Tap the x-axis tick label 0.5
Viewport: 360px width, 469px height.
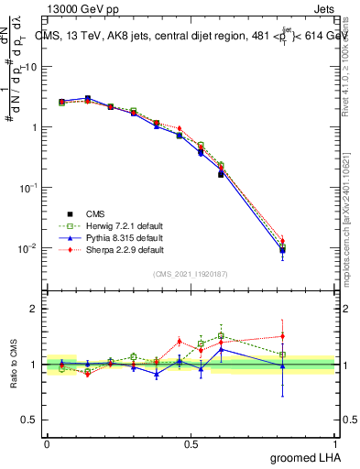point(190,443)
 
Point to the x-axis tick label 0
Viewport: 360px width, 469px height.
point(47,443)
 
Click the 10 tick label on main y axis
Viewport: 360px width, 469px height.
point(32,67)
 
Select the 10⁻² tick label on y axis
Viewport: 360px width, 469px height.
point(29,247)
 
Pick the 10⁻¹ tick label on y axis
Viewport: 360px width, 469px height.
point(29,187)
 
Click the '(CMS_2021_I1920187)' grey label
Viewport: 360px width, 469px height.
point(190,273)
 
